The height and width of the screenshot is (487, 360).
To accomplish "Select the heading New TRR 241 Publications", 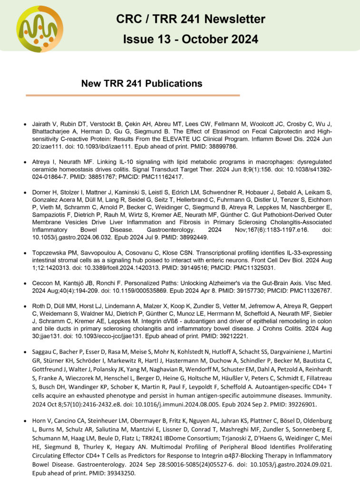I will click(x=142, y=83).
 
